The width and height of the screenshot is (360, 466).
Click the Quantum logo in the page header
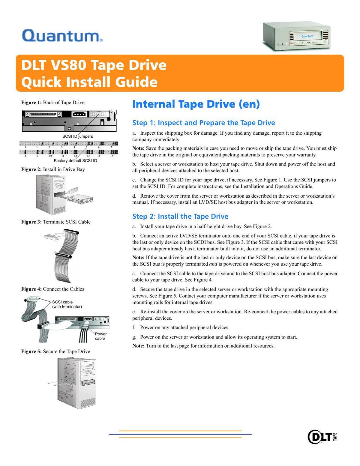tap(62, 36)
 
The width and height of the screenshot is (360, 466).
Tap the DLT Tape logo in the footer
tap(322, 437)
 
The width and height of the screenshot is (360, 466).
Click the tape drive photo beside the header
tap(297, 36)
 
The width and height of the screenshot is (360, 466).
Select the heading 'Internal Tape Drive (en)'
tap(196, 104)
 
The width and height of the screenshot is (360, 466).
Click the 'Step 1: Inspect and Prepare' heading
tap(204, 123)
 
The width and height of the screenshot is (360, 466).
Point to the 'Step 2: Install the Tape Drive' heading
tap(180, 216)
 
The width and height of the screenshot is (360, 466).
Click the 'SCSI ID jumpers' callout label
tap(78, 136)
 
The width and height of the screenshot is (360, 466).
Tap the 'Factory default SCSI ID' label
tap(75, 161)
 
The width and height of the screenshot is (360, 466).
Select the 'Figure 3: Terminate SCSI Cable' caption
tap(56, 222)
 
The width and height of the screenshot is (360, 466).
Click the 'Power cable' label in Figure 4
tap(100, 336)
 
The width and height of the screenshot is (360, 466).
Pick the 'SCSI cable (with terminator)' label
tap(67, 304)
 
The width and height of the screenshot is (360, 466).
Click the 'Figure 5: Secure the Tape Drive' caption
tap(55, 351)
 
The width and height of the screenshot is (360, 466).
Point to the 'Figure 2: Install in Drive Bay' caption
tap(53, 169)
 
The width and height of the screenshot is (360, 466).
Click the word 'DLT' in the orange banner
tap(34, 65)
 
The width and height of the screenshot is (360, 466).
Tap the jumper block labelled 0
tap(25, 143)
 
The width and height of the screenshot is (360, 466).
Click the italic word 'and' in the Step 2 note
tap(213, 264)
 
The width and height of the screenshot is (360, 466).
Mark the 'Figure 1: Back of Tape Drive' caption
tap(53, 103)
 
